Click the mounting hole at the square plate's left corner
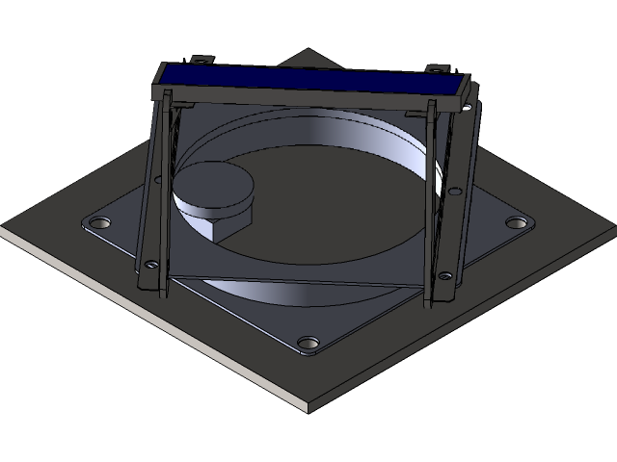(x=97, y=223)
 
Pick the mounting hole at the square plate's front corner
(x=308, y=343)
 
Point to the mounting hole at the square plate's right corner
(x=517, y=223)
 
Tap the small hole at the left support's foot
(x=151, y=263)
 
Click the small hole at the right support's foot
(x=444, y=276)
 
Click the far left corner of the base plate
(x=3, y=231)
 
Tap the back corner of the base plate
(x=307, y=51)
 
